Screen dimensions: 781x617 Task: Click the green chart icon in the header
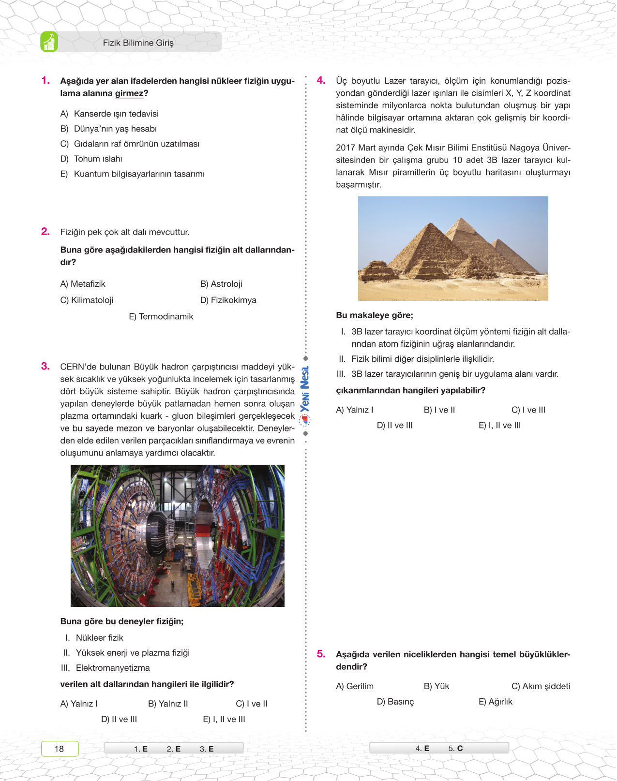tap(49, 42)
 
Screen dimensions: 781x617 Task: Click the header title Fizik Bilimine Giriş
tap(138, 43)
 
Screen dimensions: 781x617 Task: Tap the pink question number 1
tap(45, 81)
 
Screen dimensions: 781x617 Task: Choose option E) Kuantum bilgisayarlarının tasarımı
tap(132, 174)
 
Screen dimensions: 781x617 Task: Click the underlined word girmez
tap(129, 93)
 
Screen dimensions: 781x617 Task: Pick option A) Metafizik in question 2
tap(83, 284)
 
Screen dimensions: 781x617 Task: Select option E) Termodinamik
tap(161, 316)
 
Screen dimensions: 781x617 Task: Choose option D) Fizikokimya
tap(228, 300)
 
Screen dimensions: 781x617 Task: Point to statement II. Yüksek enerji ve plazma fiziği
tap(127, 653)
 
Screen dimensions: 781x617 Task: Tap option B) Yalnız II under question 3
tap(168, 704)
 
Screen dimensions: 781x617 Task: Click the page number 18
tap(59, 749)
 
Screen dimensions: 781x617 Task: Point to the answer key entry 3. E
tap(207, 749)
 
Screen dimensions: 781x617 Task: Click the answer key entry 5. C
tap(455, 748)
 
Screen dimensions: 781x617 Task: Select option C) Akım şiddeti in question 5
tap(541, 686)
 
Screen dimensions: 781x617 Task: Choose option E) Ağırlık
tap(495, 702)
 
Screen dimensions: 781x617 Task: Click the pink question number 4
tap(321, 81)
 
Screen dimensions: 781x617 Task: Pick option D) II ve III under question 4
tap(394, 425)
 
